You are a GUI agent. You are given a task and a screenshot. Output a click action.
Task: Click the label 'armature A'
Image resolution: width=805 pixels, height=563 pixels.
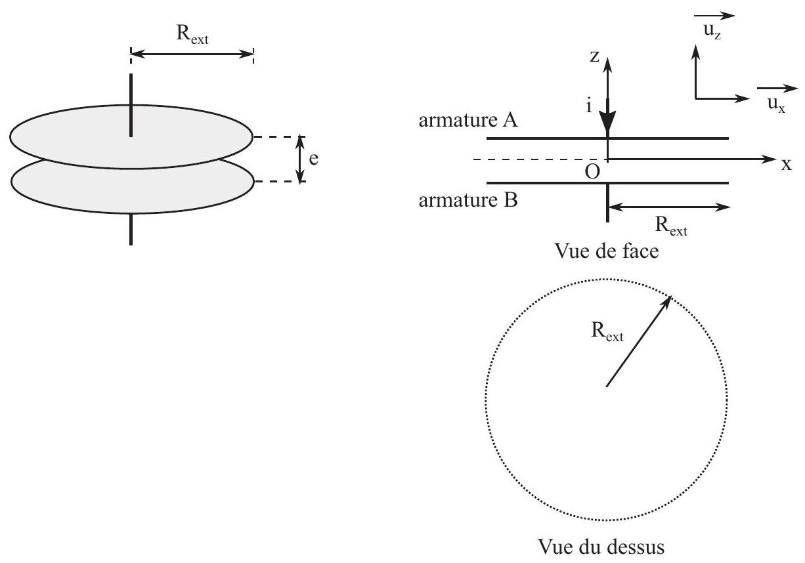(468, 120)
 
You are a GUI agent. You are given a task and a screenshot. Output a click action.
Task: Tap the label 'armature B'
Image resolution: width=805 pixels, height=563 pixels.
(468, 200)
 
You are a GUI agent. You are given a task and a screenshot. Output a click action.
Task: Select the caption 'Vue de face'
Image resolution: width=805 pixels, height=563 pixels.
(607, 251)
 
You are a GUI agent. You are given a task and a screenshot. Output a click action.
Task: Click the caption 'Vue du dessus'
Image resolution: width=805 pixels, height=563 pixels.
(601, 547)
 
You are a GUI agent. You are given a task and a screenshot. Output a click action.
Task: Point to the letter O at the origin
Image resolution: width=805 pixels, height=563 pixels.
(592, 172)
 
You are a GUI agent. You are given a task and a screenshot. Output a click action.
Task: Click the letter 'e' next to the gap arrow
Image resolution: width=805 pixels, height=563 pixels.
(313, 159)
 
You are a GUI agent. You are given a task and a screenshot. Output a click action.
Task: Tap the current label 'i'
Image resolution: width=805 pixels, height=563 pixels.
(589, 106)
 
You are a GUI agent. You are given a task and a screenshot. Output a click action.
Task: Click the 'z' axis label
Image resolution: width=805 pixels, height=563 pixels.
(595, 56)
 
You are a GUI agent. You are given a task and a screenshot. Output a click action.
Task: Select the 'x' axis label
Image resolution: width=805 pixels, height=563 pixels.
(787, 165)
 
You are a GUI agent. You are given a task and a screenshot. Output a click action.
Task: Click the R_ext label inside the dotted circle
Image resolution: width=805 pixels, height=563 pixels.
(607, 331)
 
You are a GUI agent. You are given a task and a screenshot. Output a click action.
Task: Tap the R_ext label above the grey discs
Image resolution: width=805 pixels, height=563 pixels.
(192, 35)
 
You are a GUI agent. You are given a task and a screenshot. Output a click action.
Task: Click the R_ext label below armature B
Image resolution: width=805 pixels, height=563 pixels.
(671, 227)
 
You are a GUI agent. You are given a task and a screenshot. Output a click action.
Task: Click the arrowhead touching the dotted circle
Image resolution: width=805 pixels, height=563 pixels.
(666, 302)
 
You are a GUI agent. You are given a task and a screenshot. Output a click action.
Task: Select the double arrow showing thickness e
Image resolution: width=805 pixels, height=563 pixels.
(301, 159)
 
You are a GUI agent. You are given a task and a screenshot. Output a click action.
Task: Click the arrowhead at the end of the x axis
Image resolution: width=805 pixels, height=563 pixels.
(770, 159)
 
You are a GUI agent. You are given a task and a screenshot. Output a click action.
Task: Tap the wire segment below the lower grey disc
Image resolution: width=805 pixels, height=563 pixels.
(131, 230)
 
